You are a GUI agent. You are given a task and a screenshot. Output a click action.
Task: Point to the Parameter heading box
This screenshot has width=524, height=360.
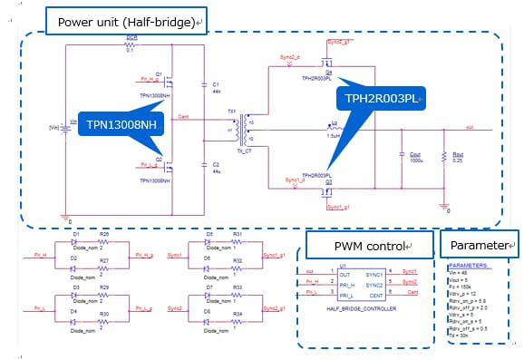tap(479, 246)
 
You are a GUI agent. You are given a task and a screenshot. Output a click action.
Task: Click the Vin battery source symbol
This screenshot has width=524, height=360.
tap(62, 127)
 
